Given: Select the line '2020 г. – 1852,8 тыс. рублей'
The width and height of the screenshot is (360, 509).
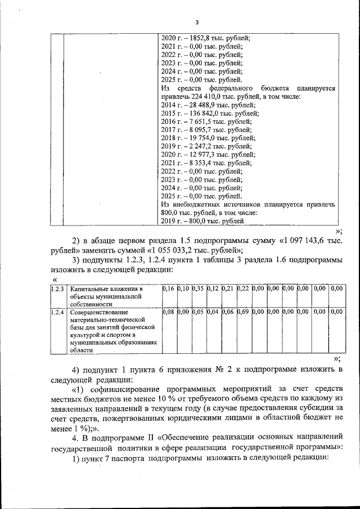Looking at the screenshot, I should (205, 39).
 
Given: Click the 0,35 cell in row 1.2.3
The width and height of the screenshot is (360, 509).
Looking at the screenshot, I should (197, 289).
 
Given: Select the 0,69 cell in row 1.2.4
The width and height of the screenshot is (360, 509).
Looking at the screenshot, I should (243, 311).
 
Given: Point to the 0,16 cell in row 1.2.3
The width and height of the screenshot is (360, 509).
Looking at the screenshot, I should (168, 289).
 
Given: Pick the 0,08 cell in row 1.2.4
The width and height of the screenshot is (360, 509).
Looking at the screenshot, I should (168, 311).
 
